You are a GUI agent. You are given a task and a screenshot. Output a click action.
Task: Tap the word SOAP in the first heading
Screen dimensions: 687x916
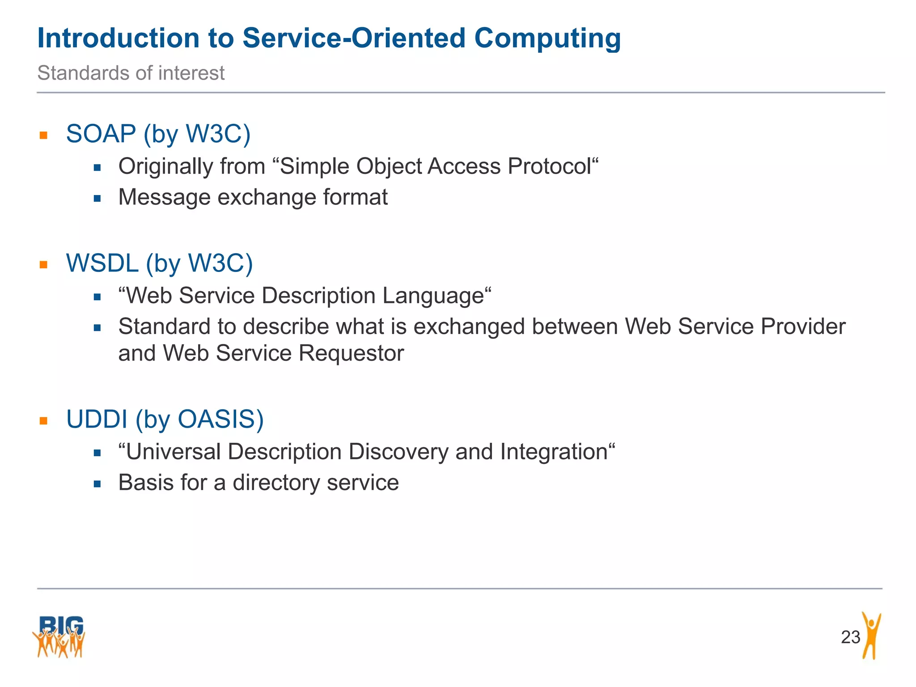click(x=101, y=134)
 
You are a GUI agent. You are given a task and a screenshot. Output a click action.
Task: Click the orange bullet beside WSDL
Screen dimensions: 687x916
click(x=43, y=265)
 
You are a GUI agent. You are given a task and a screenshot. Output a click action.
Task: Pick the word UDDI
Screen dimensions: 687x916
click(x=97, y=419)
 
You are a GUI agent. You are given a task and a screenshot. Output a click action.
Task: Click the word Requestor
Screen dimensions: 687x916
click(x=351, y=353)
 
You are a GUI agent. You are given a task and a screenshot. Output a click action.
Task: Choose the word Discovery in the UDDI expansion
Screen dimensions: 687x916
click(x=398, y=452)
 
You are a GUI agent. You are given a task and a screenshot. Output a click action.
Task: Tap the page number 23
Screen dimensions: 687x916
click(x=850, y=637)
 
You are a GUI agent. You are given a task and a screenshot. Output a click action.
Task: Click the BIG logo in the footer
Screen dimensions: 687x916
click(x=59, y=637)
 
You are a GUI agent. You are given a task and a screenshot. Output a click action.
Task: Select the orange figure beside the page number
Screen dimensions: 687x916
click(x=871, y=636)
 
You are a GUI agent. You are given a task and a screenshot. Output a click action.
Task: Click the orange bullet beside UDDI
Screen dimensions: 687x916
click(x=43, y=421)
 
